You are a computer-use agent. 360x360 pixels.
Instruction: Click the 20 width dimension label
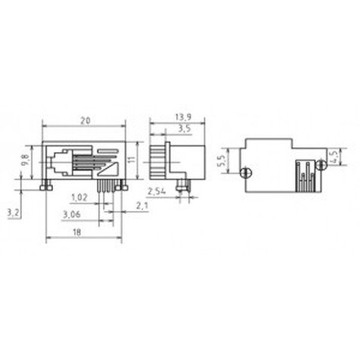[85, 121]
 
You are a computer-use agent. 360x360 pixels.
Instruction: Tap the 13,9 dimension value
[183, 116]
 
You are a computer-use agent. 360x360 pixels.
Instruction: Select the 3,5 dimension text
[185, 129]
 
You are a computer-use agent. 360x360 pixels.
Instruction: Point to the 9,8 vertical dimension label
[26, 160]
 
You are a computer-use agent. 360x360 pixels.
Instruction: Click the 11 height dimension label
[132, 160]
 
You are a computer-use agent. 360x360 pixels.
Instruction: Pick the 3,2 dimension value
[13, 213]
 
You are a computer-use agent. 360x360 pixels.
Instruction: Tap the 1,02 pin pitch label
[79, 197]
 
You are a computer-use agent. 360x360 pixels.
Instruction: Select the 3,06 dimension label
[72, 215]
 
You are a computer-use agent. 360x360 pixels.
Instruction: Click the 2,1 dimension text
[142, 206]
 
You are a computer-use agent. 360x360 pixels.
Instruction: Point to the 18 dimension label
[77, 232]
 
